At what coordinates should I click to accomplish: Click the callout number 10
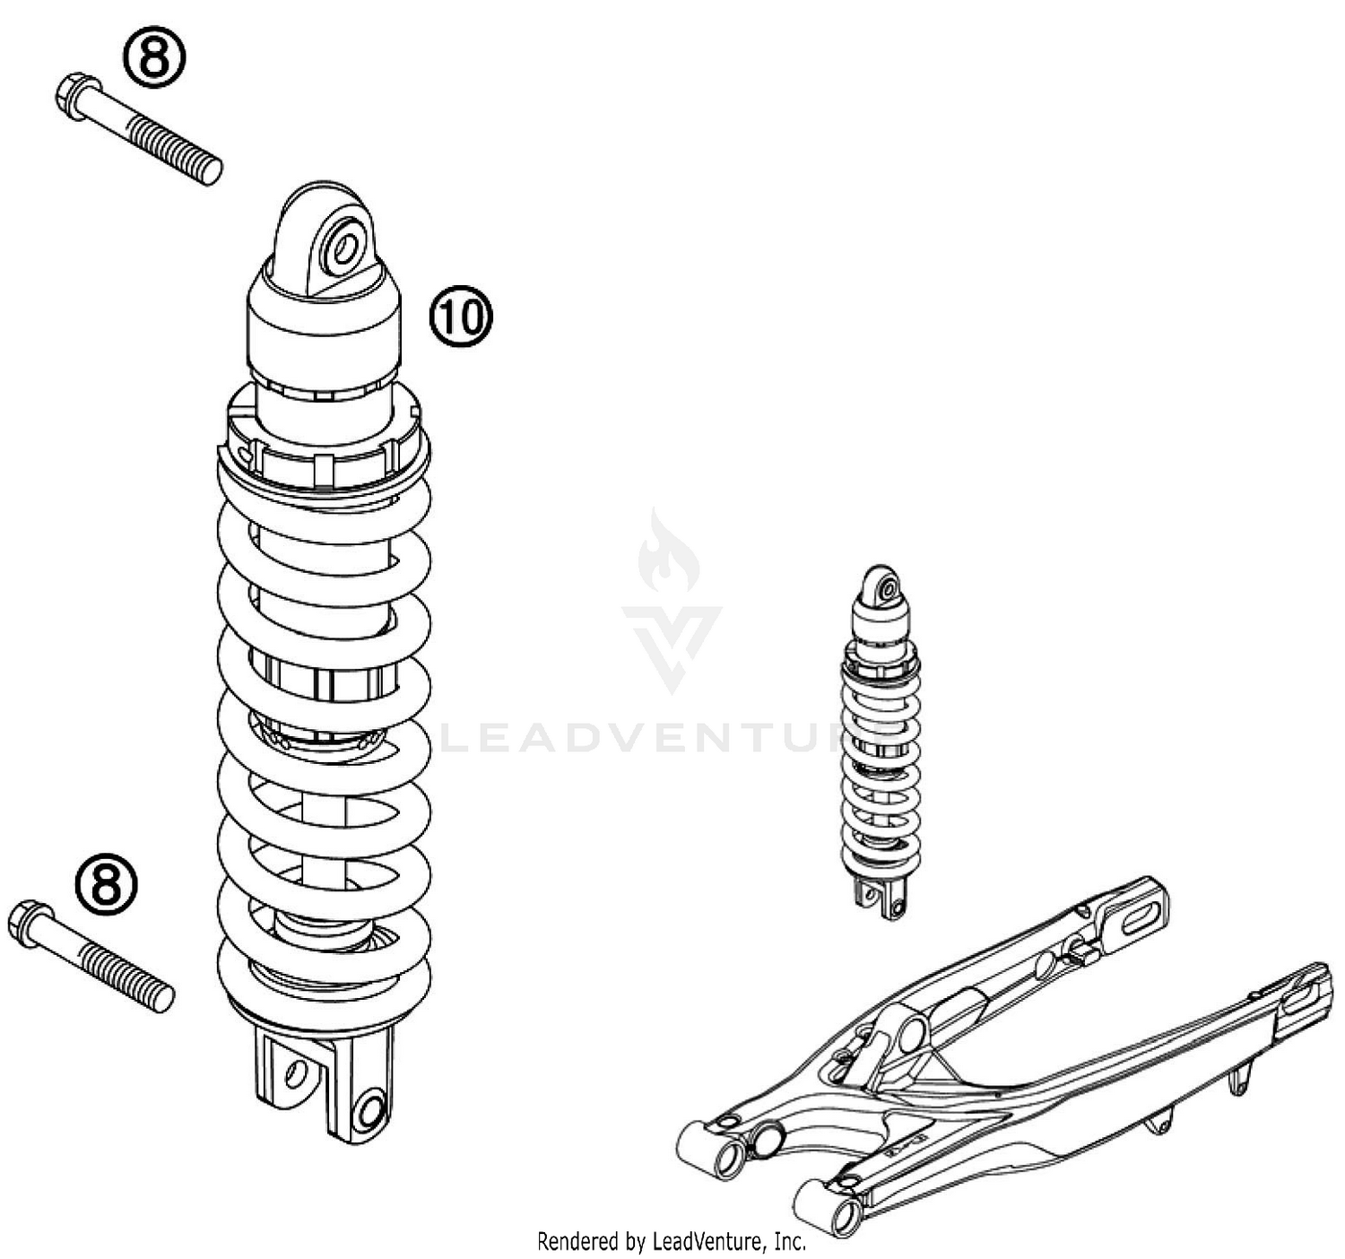pyautogui.click(x=461, y=317)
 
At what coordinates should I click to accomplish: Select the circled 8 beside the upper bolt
pyautogui.click(x=154, y=58)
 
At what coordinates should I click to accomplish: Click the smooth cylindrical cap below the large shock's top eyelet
pyautogui.click(x=323, y=327)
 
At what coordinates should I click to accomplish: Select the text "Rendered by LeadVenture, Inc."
pyautogui.click(x=671, y=1241)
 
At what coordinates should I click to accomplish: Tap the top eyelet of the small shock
pyautogui.click(x=887, y=588)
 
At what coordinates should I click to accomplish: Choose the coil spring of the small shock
pyautogui.click(x=881, y=771)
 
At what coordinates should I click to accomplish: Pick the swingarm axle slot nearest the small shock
pyautogui.click(x=1135, y=916)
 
